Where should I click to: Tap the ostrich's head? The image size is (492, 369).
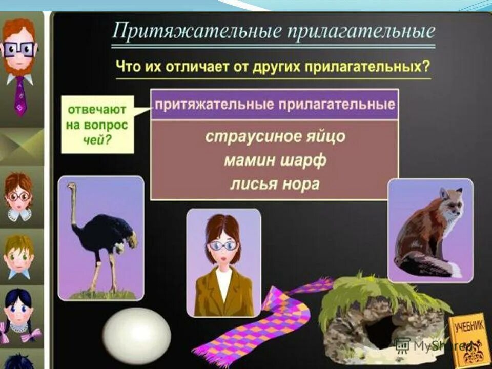coord(71,188)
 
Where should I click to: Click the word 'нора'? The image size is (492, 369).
coord(301,183)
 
